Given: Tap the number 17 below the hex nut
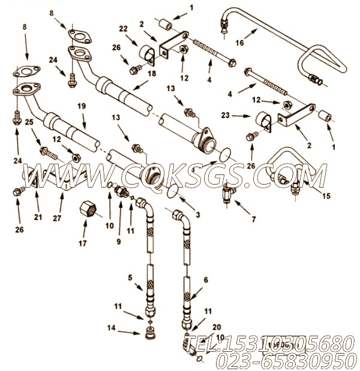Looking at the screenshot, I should click(x=85, y=243).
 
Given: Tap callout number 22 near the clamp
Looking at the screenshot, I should click(x=123, y=29).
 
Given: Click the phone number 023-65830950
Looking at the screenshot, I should click(x=290, y=360).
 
